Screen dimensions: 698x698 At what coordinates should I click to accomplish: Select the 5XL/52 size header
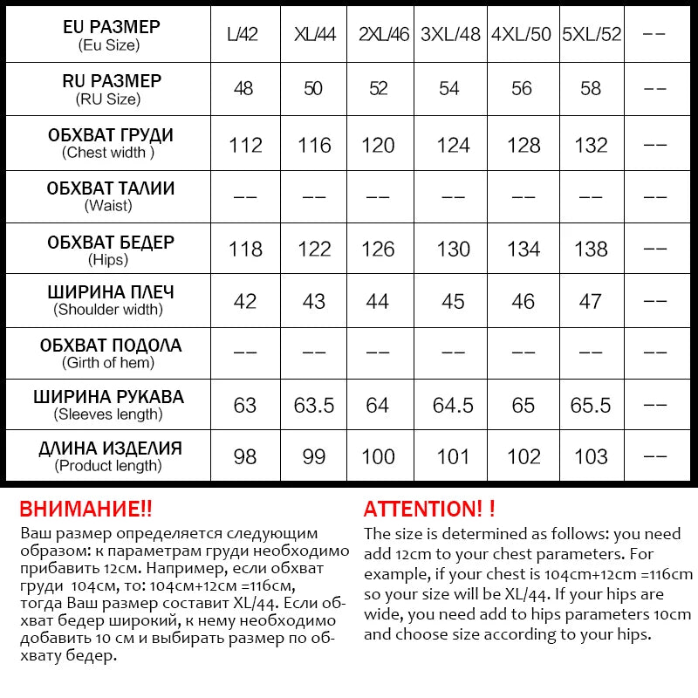[x=592, y=36]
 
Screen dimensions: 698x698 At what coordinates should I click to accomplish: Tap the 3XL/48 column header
[x=451, y=36]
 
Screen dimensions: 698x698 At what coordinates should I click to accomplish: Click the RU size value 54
[x=451, y=89]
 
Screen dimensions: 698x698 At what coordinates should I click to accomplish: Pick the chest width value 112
[x=245, y=145]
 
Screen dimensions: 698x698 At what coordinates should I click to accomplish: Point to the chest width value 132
[x=592, y=145]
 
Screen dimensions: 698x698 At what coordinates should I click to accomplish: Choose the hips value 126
[x=378, y=250]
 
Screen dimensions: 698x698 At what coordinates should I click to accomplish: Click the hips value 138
[x=592, y=250]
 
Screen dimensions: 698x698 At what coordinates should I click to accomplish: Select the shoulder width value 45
[x=453, y=302]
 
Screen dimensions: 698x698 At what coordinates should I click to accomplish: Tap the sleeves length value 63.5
[x=313, y=406]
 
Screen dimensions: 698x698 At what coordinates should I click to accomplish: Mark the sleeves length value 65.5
[x=592, y=406]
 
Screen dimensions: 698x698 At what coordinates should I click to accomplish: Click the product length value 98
[x=245, y=457]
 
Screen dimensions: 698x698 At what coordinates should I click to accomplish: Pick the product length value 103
[x=592, y=457]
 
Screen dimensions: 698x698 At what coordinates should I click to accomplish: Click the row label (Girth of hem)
[x=108, y=363]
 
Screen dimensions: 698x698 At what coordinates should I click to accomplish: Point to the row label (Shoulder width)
[x=108, y=310]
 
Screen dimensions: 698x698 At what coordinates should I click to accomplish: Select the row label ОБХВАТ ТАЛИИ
[x=111, y=188]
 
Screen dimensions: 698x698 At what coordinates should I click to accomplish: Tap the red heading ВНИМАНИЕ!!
[x=86, y=510]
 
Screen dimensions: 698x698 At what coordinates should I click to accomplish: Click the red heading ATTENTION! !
[x=429, y=510]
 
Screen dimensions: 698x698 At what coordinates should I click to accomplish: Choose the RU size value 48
[x=245, y=89]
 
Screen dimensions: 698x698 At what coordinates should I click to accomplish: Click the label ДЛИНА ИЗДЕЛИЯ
[x=111, y=449]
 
